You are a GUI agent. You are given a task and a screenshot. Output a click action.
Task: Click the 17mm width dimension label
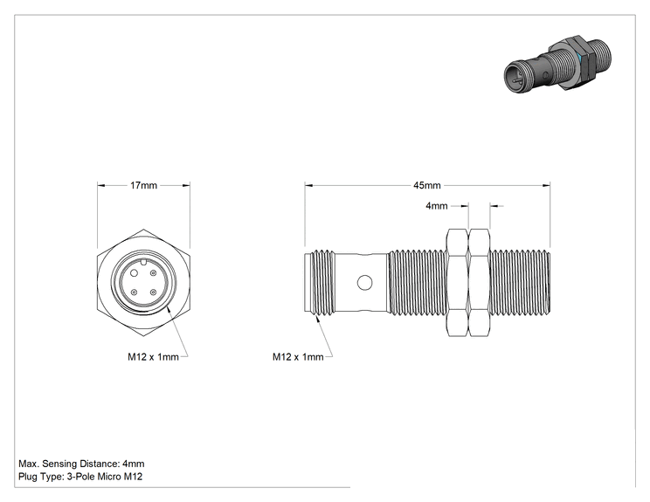tap(143, 185)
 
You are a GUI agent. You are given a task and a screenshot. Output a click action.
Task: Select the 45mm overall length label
tap(427, 185)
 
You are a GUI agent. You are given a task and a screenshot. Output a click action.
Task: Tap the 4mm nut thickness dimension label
tap(437, 205)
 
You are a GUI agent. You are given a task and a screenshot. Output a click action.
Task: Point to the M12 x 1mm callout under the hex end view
tap(153, 356)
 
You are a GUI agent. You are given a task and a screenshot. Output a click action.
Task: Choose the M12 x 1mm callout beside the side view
tap(298, 356)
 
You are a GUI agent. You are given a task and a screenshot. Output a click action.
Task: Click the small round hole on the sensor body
tap(365, 283)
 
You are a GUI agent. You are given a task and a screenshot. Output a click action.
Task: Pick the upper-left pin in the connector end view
tap(135, 273)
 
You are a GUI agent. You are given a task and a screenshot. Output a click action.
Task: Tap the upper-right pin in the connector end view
tap(154, 273)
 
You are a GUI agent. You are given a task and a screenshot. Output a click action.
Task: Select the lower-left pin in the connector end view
tap(135, 292)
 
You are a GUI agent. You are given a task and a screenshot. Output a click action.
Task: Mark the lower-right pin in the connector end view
tap(154, 292)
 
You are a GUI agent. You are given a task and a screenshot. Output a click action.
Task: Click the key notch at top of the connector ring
tap(143, 261)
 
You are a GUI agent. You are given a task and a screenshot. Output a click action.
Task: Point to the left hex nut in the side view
tap(458, 283)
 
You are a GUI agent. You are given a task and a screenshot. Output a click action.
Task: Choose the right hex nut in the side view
tap(480, 283)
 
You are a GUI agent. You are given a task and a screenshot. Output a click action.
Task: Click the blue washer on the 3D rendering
tap(579, 62)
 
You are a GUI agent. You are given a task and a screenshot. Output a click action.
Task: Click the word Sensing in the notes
tap(59, 464)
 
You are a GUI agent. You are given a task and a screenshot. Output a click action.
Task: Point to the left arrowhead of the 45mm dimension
tap(308, 186)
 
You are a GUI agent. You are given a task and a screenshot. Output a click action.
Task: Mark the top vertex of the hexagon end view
tap(143, 229)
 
